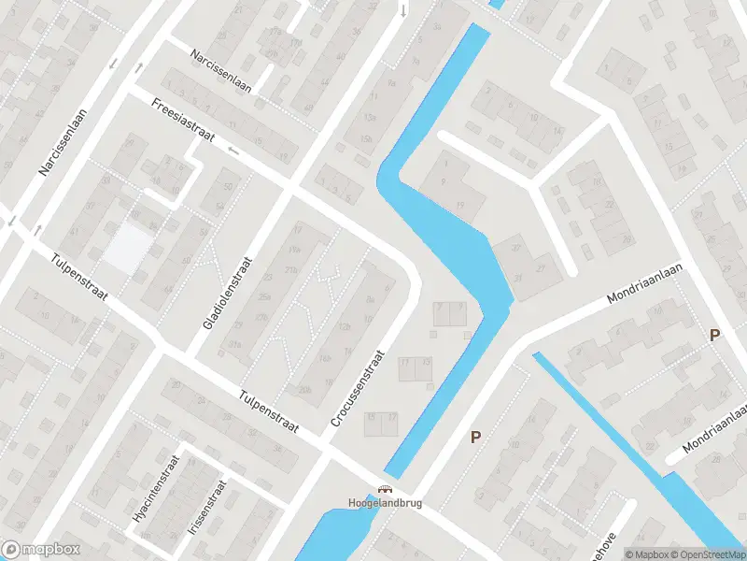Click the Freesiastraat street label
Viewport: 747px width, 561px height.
[181, 127]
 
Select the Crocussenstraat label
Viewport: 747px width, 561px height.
[357, 389]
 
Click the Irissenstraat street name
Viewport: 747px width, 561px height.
[207, 508]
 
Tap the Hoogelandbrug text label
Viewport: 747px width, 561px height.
[385, 503]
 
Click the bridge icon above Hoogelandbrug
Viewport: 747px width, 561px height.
[385, 489]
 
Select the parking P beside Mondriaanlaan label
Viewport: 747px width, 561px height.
[715, 335]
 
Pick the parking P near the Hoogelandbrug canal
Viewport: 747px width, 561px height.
[475, 437]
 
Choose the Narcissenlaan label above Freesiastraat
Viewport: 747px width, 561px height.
[222, 67]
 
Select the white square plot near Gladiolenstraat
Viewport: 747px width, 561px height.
[127, 249]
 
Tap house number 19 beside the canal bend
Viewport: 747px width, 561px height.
[460, 205]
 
